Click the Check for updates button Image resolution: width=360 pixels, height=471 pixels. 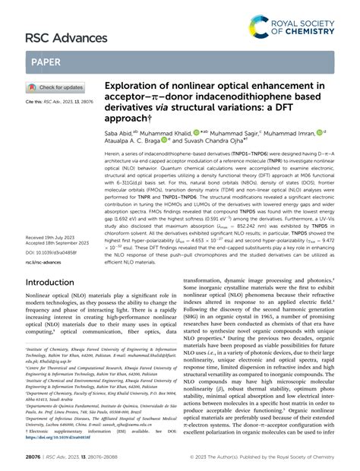(56, 87)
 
